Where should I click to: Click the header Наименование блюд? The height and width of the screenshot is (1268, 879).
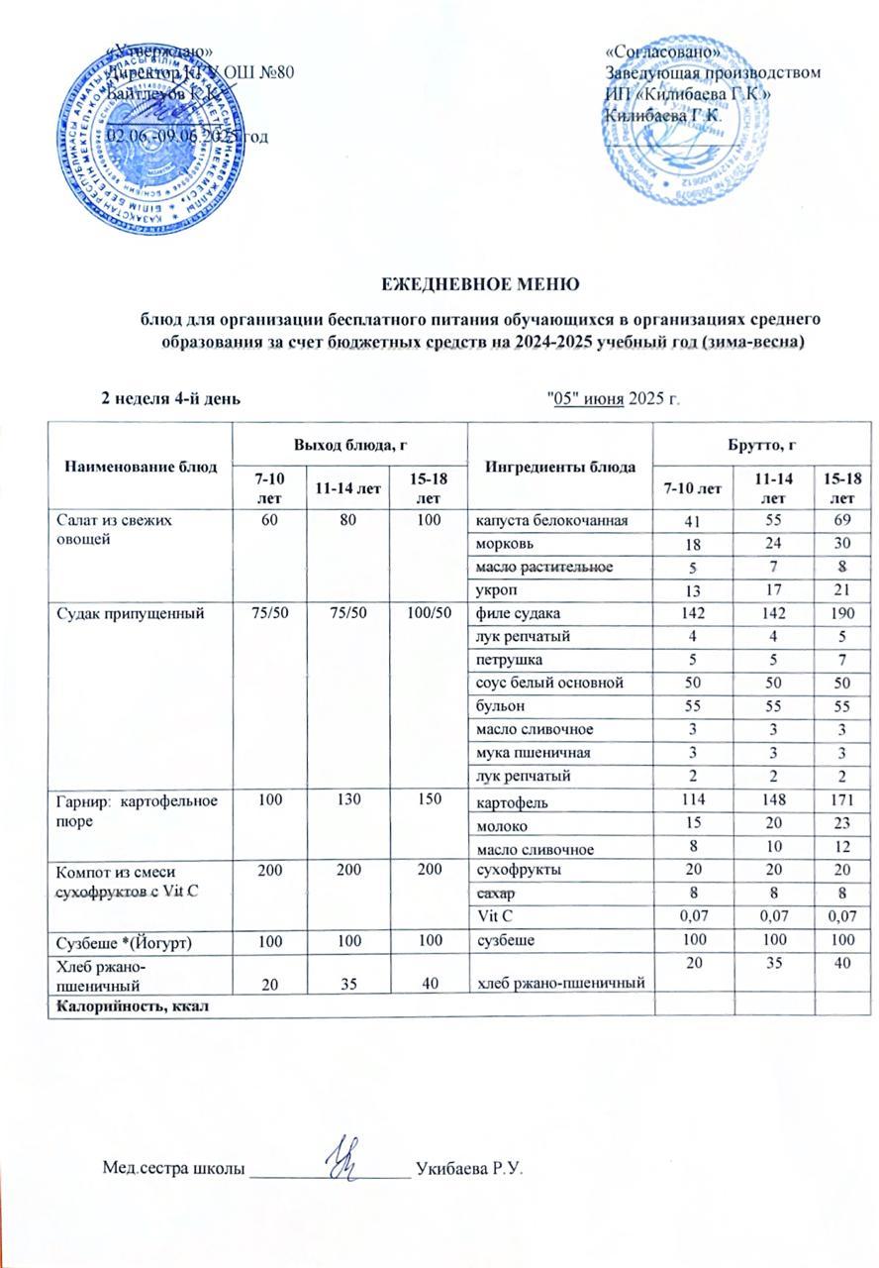coord(141,467)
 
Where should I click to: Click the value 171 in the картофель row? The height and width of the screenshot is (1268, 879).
coord(836,801)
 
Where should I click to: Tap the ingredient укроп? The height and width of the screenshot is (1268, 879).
coord(496,590)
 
